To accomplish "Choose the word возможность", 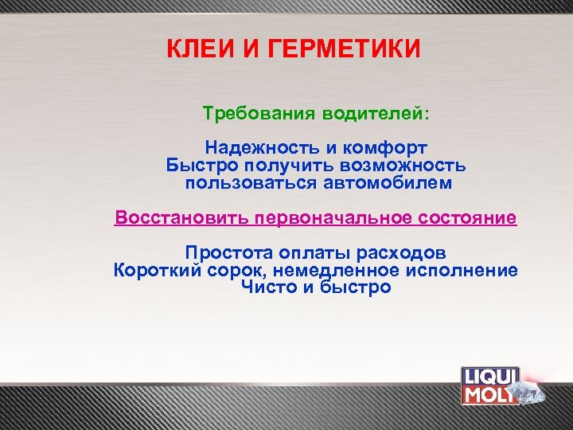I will pyautogui.click(x=402, y=166).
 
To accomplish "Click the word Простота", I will pyautogui.click(x=228, y=253).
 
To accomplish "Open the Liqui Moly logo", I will pyautogui.click(x=491, y=386).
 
